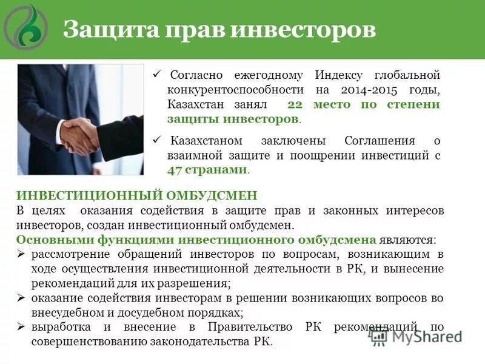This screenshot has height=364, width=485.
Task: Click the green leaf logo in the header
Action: click(x=26, y=27)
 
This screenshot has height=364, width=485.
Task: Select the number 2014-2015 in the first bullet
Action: click(x=363, y=90)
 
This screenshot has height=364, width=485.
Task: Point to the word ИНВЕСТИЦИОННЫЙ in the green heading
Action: click(x=87, y=196)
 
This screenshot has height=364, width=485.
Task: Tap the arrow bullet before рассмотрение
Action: click(x=20, y=254)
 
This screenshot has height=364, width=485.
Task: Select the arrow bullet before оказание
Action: click(x=20, y=298)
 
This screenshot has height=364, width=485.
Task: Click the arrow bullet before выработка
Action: click(x=20, y=328)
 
